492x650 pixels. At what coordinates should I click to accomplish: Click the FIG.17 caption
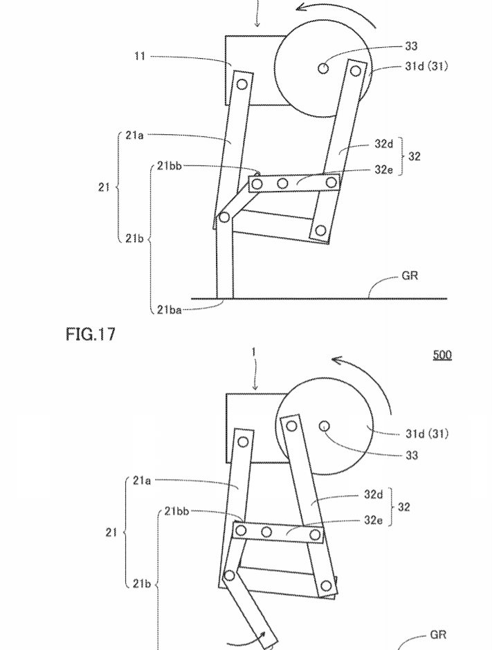(x=90, y=335)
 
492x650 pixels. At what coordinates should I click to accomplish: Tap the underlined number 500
(x=442, y=355)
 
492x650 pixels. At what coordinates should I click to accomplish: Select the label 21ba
(x=170, y=310)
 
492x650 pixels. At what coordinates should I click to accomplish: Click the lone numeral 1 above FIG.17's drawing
(x=254, y=353)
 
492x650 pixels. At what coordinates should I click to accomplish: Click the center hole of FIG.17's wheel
(x=324, y=426)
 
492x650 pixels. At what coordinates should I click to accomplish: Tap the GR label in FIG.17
(x=438, y=634)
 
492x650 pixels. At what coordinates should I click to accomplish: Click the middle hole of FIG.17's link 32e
(x=266, y=532)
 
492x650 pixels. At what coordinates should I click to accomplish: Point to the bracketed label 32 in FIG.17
(x=404, y=507)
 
